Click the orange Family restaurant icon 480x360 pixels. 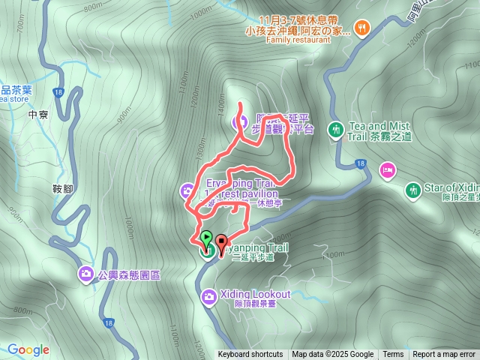point(361,28)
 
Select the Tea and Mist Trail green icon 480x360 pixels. point(335,130)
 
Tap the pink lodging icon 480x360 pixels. point(387,170)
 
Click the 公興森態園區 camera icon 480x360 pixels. point(86,274)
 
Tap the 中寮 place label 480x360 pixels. point(37,115)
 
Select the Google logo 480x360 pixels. point(28,349)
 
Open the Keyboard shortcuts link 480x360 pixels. point(250,355)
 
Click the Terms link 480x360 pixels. point(393,355)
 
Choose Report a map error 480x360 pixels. point(444,355)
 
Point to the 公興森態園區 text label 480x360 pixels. point(128,275)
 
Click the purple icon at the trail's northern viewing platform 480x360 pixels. point(241,121)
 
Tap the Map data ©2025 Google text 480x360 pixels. point(333,355)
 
